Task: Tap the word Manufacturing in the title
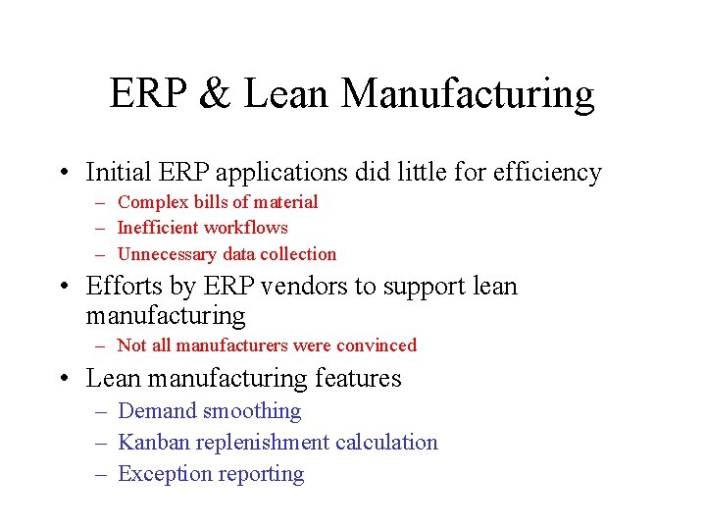469,94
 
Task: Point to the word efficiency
542,174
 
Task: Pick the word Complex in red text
152,202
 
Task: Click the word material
285,202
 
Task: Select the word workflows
249,228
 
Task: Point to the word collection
298,254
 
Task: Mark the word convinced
377,345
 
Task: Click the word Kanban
154,443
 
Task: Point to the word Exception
161,474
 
